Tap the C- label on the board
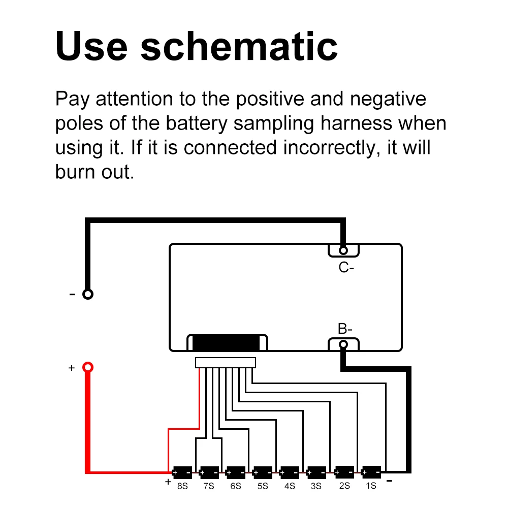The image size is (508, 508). click(346, 268)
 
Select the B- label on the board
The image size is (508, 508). click(345, 329)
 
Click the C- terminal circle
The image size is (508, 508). click(343, 250)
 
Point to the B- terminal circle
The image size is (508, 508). click(343, 345)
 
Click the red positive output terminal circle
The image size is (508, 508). click(88, 367)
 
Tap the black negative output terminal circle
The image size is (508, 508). click(88, 294)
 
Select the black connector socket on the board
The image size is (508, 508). click(227, 342)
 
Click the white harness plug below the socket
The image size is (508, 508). click(226, 363)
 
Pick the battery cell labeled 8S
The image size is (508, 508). click(182, 472)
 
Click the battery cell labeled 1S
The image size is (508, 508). click(371, 472)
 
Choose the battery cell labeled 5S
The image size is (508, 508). click(262, 472)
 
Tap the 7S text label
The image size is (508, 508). click(208, 486)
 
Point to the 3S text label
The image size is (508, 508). click(316, 486)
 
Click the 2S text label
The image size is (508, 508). click(344, 486)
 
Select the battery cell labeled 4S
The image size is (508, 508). click(290, 472)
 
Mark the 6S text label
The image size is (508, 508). click(236, 486)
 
